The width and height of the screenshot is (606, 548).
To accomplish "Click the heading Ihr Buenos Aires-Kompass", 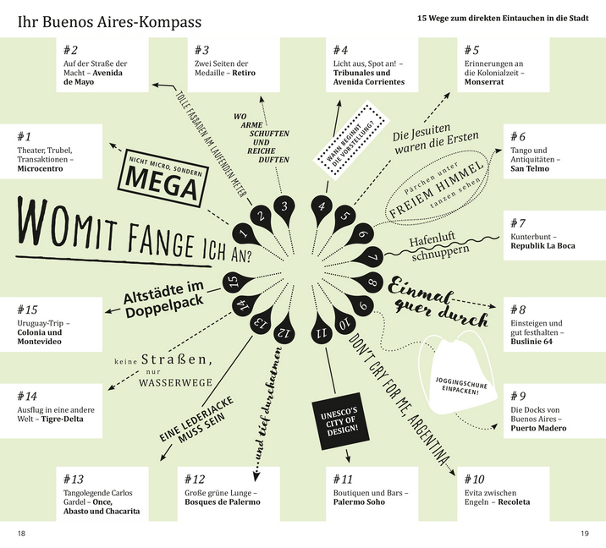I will coord(96,17).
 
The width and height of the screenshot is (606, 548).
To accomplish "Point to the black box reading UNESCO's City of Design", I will coord(339,424).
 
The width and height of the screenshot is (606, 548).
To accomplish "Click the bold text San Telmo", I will coord(531,168).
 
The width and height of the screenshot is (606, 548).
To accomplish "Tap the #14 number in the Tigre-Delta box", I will coord(27,396).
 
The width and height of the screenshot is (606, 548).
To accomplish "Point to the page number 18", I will coord(22,533).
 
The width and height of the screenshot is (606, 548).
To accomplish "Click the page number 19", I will coord(584,533).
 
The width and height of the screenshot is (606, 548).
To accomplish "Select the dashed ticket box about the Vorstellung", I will coord(348,140).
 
